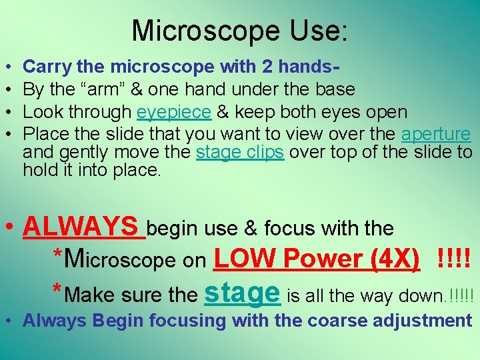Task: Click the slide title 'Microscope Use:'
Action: pos(239,31)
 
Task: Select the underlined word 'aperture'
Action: pos(436,134)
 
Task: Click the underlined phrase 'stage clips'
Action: pos(241,152)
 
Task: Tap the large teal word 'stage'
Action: pos(242,291)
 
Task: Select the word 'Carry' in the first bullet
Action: pos(47,67)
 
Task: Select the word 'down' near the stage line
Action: pos(425,295)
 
